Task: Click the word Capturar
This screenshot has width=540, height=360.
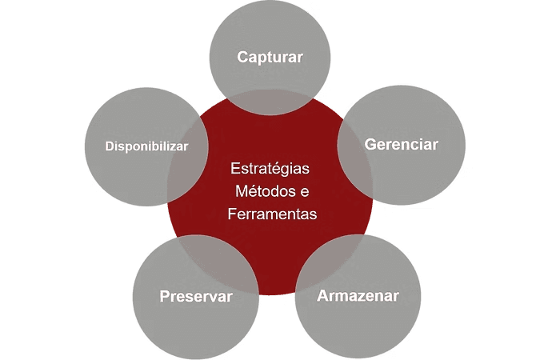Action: click(270, 57)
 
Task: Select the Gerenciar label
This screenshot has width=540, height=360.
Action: click(402, 144)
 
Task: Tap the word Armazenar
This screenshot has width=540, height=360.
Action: click(358, 296)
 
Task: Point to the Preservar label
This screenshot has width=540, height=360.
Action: click(196, 296)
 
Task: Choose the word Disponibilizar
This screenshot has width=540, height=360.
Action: click(146, 146)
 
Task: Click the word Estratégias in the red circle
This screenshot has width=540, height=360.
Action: click(270, 169)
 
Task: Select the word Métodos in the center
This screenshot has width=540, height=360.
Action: click(262, 191)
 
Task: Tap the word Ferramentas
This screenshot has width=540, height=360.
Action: click(272, 214)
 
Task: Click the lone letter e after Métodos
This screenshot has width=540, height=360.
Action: click(305, 192)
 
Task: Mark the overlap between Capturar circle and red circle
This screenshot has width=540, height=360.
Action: click(270, 102)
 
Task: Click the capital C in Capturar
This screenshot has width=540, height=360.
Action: click(242, 57)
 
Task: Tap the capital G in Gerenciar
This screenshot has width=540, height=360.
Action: click(370, 144)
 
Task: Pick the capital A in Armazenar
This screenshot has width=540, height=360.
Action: click(323, 296)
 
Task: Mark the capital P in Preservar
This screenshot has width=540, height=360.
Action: click(166, 296)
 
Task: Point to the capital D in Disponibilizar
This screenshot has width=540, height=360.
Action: click(110, 146)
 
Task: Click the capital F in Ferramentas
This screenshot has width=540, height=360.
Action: click(232, 214)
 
